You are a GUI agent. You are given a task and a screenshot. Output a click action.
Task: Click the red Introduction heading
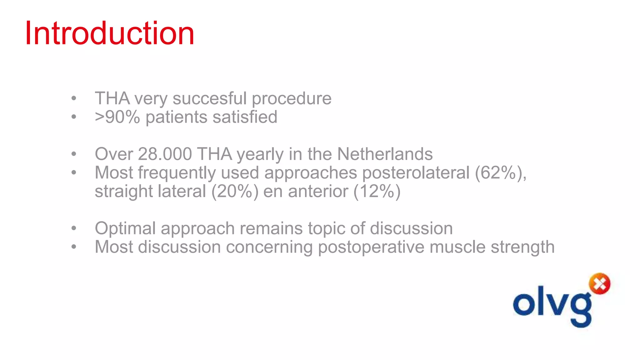point(109,33)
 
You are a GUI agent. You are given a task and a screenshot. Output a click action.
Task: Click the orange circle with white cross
point(599,284)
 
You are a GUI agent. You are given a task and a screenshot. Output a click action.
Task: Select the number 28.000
point(165,154)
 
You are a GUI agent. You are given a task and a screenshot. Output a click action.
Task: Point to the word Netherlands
point(385,154)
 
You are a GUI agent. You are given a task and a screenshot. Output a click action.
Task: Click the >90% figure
point(117,117)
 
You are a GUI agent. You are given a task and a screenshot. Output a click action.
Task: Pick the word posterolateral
point(416,172)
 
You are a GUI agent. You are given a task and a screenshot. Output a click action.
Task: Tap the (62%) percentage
point(500,172)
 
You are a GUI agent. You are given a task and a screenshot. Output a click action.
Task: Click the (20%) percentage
point(235,191)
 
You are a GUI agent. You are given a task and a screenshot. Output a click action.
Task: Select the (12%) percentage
point(377,191)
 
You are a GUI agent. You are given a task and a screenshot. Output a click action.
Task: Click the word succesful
point(209,98)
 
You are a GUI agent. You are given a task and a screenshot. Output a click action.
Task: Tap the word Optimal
point(125,228)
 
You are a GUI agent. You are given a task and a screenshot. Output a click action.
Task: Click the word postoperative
point(371,247)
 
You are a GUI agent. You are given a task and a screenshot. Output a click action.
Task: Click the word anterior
point(318,191)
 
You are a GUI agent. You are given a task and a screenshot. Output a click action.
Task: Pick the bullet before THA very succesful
point(74,98)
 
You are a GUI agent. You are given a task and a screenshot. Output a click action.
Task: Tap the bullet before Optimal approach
point(74,228)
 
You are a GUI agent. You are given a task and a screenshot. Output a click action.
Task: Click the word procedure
point(291,98)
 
